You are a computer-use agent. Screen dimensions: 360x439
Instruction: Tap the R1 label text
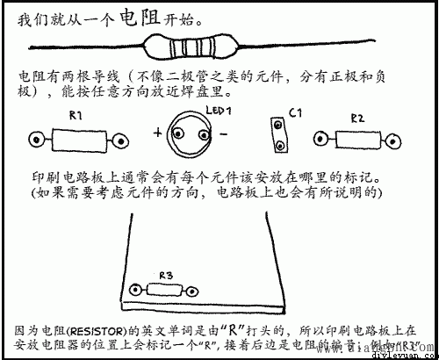coord(76,116)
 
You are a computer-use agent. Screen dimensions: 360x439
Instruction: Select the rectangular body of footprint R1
coord(77,139)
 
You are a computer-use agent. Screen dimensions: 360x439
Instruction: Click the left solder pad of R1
coord(37,139)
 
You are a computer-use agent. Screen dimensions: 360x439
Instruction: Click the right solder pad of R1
coord(120,139)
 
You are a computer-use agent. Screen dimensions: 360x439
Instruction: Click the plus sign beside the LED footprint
coord(158,133)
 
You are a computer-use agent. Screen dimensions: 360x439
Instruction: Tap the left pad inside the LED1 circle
coord(180,133)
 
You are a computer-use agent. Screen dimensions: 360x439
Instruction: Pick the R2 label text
coord(357,117)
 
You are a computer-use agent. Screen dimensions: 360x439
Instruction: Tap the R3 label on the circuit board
coord(165,276)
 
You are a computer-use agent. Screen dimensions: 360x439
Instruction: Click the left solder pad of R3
coord(136,291)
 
